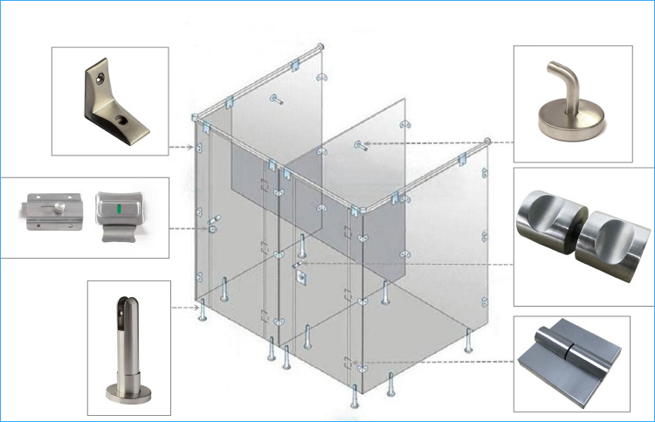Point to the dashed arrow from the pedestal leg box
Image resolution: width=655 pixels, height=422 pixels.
[183, 308]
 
